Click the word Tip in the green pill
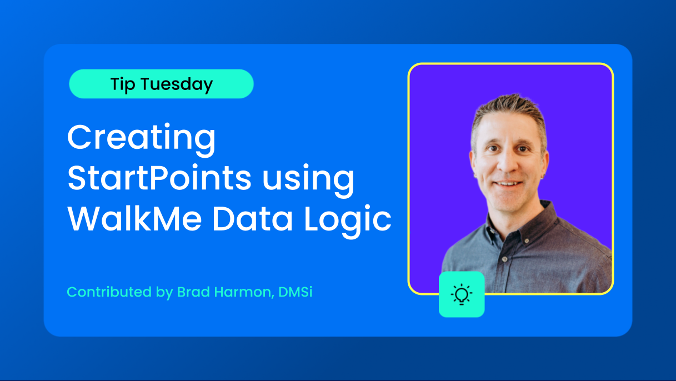(x=123, y=84)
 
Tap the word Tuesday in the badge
(x=177, y=84)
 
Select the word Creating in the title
(x=141, y=138)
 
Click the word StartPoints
(x=159, y=178)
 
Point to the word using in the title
(x=308, y=181)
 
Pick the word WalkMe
(x=134, y=218)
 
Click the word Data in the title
(x=252, y=218)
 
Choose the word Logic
(x=347, y=220)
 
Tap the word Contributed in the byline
(x=109, y=292)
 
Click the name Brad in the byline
(x=193, y=292)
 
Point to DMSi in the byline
(x=295, y=292)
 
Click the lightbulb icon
(x=462, y=294)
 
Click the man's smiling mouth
(x=509, y=183)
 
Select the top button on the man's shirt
(x=527, y=240)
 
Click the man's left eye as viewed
(x=493, y=148)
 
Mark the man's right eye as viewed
(x=522, y=149)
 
